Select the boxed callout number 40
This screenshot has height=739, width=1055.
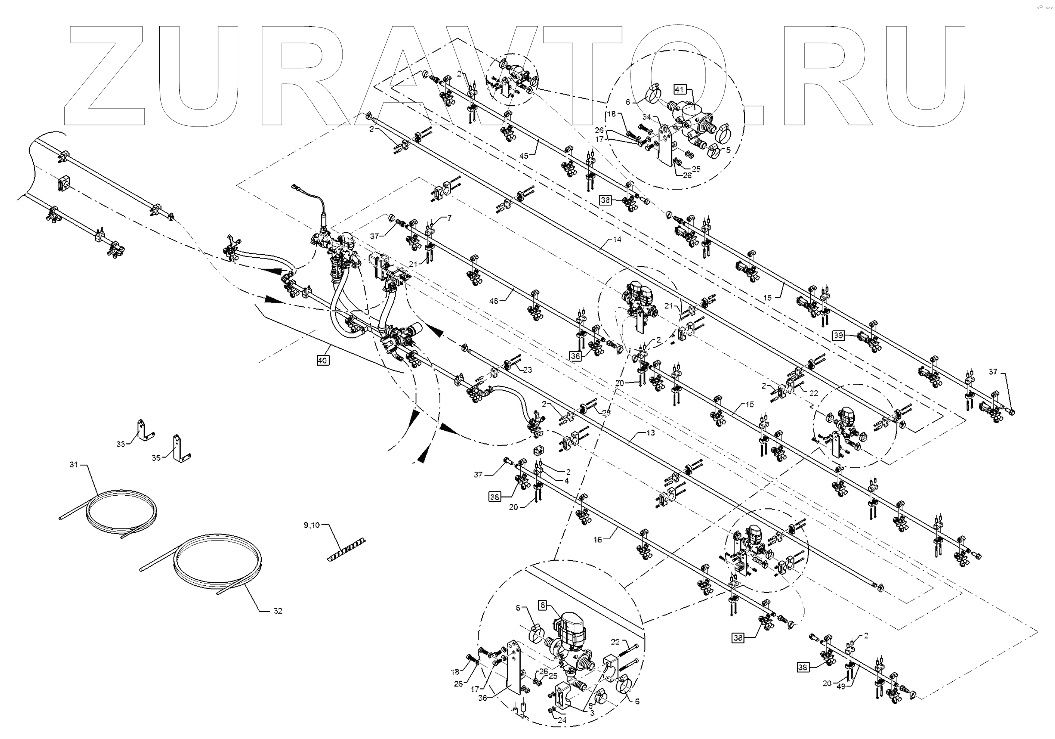point(322,360)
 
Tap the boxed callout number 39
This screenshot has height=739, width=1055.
point(839,335)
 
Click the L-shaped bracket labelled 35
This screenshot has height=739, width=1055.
point(180,448)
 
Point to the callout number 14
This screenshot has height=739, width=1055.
point(617,239)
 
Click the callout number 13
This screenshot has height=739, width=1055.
point(650,433)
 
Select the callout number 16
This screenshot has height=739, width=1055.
point(598,540)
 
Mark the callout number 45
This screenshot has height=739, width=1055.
point(524,156)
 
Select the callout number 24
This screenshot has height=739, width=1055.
point(562,720)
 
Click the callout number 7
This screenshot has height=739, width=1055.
point(449,218)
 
